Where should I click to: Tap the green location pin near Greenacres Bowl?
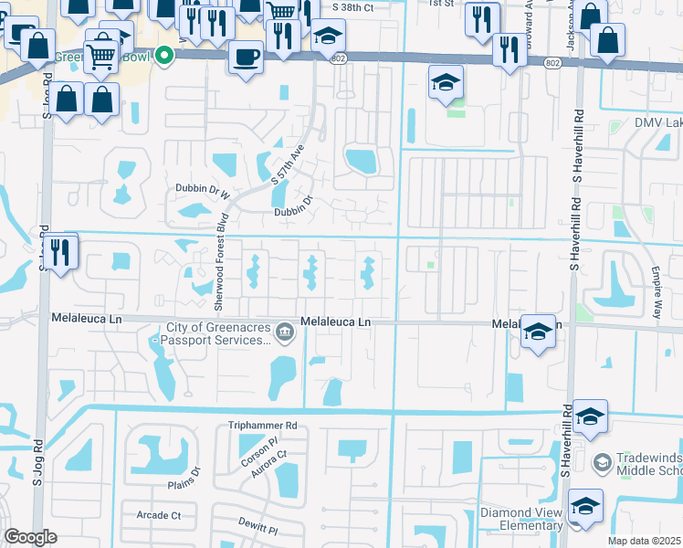click(164, 56)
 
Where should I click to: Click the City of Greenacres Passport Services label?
click(219, 334)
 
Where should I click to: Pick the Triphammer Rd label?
click(264, 426)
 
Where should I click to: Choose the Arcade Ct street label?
click(158, 516)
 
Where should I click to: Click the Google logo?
click(30, 538)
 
